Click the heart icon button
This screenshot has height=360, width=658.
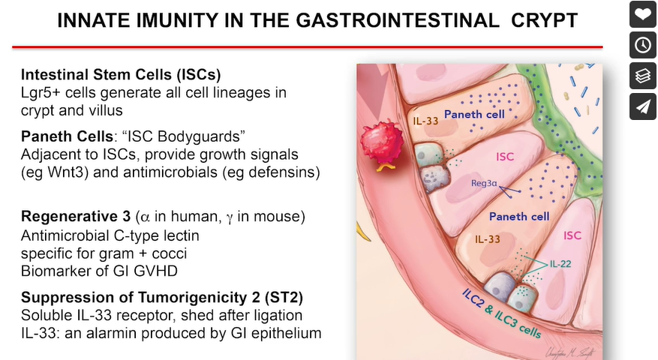642,14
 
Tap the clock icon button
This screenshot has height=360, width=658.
642,45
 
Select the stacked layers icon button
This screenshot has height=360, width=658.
642,76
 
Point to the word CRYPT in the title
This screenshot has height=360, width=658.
550,20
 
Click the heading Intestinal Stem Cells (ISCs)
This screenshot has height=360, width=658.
121,76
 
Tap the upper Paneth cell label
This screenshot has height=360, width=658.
474,115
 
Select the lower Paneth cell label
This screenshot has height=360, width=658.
518,217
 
